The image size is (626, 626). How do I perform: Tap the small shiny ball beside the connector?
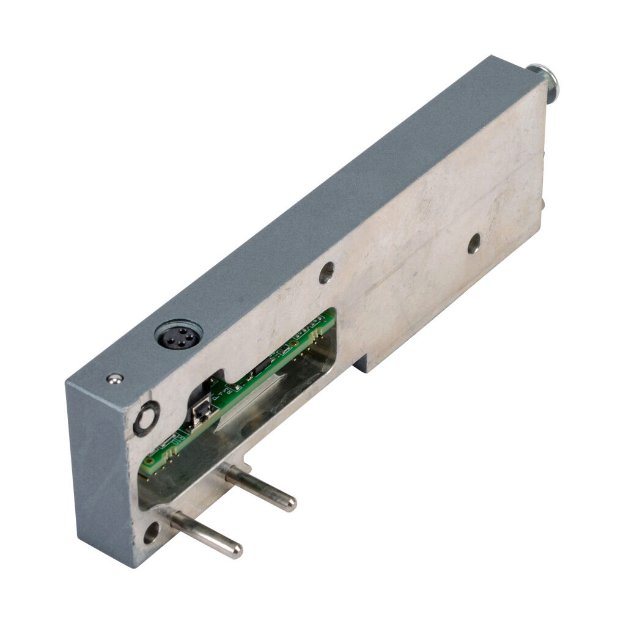pyautogui.click(x=112, y=379)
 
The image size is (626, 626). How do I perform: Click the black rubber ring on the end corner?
pyautogui.click(x=147, y=419)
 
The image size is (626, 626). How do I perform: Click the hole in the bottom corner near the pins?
pyautogui.click(x=150, y=533)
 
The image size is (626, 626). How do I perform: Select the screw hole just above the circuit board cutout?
pyautogui.click(x=326, y=272)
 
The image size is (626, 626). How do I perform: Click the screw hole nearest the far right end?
pyautogui.click(x=474, y=243)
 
